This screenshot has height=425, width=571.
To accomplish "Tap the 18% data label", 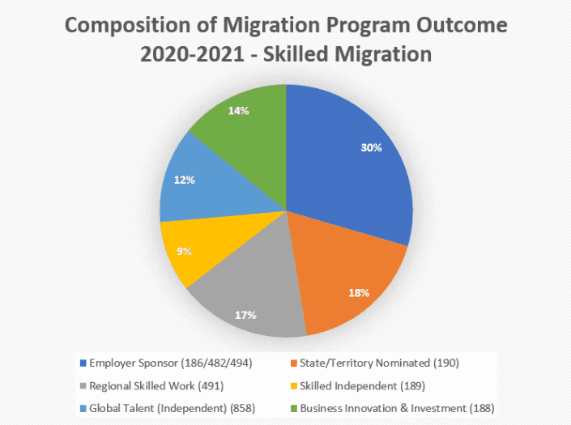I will point(360,292).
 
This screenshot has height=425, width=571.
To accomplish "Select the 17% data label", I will point(245,314).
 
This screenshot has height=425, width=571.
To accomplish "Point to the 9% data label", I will point(185,251).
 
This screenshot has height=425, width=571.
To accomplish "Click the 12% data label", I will point(185,180).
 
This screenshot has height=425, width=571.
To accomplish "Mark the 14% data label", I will point(237,110).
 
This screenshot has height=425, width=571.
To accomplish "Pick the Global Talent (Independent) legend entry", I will point(154,408).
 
